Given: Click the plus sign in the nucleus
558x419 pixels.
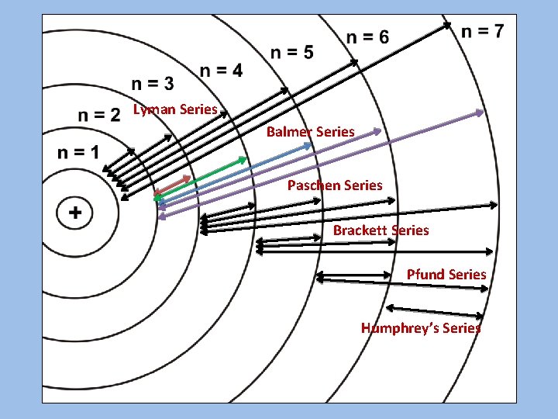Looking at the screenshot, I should click(x=75, y=212).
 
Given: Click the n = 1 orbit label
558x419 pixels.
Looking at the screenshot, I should click(x=78, y=151).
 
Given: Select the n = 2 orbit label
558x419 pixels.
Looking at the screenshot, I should click(x=99, y=116).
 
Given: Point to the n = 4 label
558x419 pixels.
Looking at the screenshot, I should click(x=221, y=71).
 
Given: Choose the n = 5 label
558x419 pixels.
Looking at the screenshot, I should click(x=292, y=52).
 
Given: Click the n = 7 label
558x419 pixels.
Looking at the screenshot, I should click(x=482, y=32).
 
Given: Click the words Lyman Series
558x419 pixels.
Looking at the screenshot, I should click(x=175, y=109).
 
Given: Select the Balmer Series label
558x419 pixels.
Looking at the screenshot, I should click(x=310, y=132).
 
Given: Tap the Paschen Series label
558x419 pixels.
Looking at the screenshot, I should click(x=335, y=185).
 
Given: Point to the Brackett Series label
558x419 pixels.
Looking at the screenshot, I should click(x=381, y=230).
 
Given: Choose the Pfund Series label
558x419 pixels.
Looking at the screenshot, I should click(x=446, y=274).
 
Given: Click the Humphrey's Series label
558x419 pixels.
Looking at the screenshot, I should click(x=421, y=327).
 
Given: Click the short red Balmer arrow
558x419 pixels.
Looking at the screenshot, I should click(x=173, y=185).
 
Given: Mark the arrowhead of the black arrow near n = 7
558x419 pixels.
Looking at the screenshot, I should click(x=449, y=26).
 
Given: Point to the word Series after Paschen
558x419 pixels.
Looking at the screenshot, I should click(x=362, y=185).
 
